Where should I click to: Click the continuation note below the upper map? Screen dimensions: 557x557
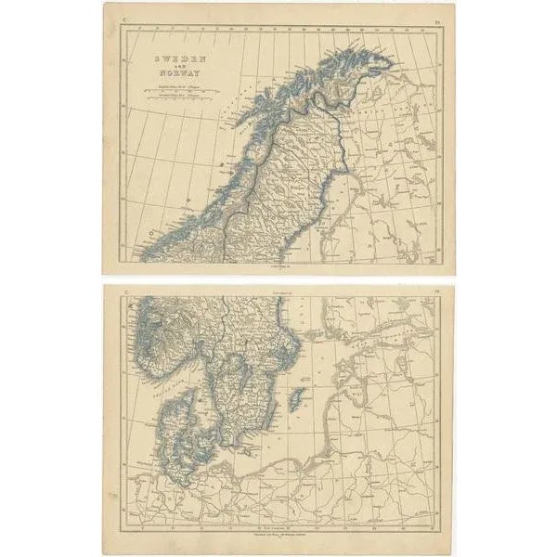pyautogui.click(x=278, y=267)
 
